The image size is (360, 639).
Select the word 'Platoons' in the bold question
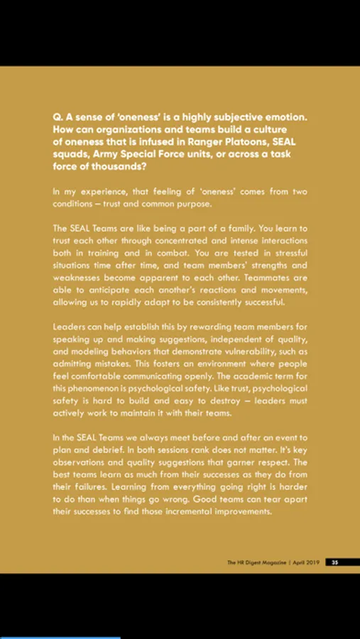coord(240,142)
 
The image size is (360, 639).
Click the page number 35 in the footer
coord(334,562)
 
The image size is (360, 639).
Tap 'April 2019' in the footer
coord(307,562)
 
